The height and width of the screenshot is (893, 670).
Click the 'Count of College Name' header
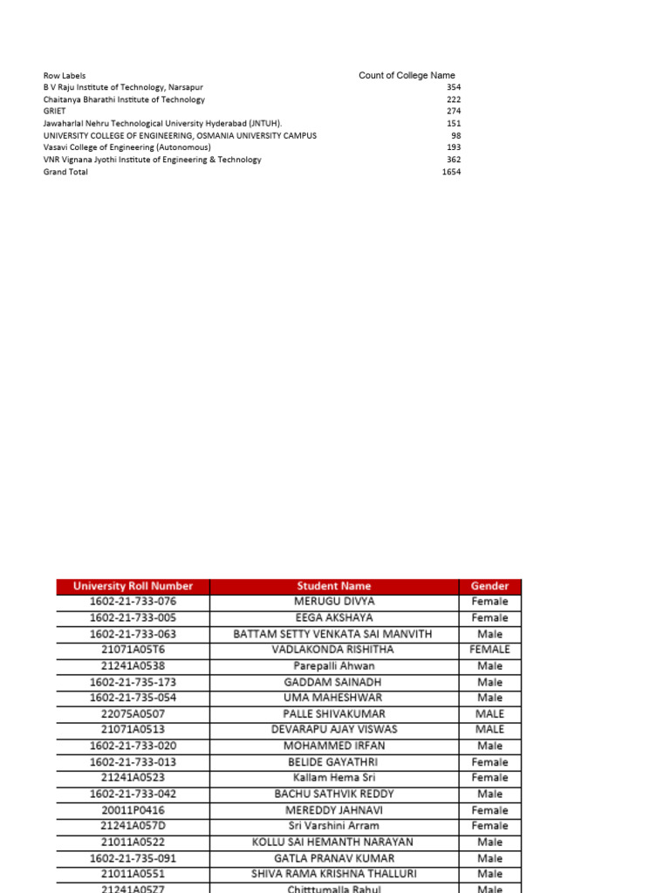click(407, 76)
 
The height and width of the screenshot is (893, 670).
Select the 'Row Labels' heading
click(65, 76)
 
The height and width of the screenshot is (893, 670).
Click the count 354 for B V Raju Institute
click(453, 88)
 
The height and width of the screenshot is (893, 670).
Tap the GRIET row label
click(55, 112)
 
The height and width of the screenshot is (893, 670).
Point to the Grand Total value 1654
click(451, 173)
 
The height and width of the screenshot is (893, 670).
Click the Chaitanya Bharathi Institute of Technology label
click(124, 100)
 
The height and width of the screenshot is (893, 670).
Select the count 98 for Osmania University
click(455, 136)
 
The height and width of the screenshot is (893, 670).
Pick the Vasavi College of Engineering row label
click(126, 148)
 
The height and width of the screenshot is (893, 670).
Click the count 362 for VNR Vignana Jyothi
click(453, 160)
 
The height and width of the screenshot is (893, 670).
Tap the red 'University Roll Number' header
click(133, 586)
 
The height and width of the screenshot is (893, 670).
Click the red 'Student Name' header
click(333, 586)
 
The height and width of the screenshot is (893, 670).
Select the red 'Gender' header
click(489, 586)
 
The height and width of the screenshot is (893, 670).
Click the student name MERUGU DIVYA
click(333, 602)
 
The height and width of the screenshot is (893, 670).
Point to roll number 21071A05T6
click(133, 650)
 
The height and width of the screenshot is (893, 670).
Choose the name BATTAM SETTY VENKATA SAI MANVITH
click(333, 634)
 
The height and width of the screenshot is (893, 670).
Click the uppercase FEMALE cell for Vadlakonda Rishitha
click(489, 650)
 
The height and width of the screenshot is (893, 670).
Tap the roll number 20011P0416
click(133, 810)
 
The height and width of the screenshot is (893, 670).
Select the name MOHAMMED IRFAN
click(333, 746)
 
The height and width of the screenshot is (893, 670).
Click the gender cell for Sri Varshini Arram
click(489, 826)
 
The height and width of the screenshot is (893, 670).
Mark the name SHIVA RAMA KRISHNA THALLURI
click(333, 874)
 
